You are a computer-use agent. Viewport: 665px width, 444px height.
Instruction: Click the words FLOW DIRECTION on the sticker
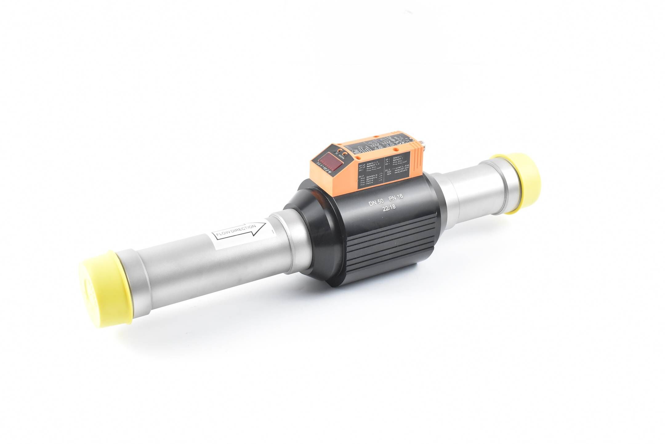coord(236,231)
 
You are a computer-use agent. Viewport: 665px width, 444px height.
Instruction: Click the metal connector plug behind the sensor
coord(422,143)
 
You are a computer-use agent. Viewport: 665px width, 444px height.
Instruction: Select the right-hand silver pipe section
coord(471,194)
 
